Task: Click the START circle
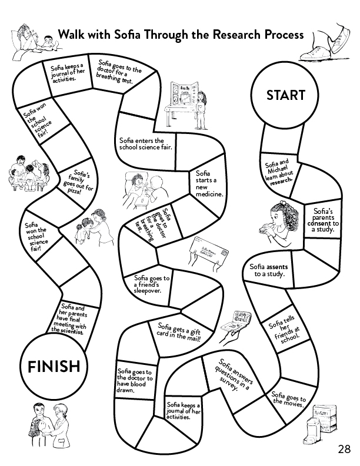tap(286, 95)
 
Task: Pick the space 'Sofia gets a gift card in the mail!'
tap(180, 331)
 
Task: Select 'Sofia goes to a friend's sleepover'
tap(152, 283)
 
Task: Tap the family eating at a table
tap(26, 173)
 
